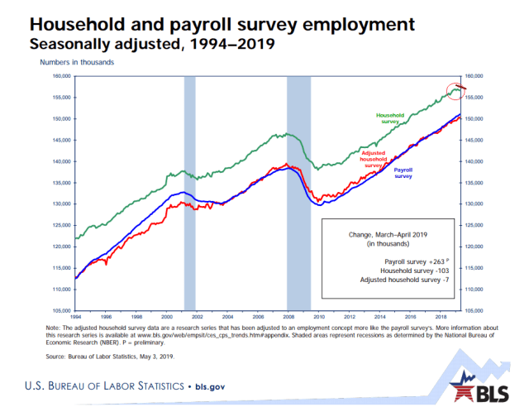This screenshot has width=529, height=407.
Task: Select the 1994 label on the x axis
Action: [75, 317]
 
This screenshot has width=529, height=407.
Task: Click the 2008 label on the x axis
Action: [287, 317]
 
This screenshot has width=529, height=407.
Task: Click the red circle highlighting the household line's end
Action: [455, 90]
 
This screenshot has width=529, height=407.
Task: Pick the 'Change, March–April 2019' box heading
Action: [387, 234]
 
